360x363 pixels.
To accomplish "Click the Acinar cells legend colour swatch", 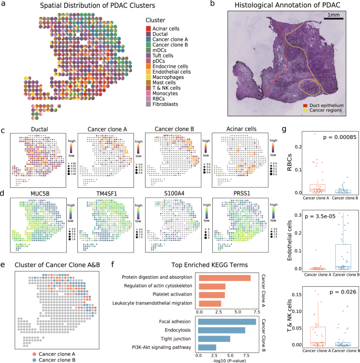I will click(x=149, y=28).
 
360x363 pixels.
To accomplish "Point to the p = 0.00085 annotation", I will click(x=331, y=137).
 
